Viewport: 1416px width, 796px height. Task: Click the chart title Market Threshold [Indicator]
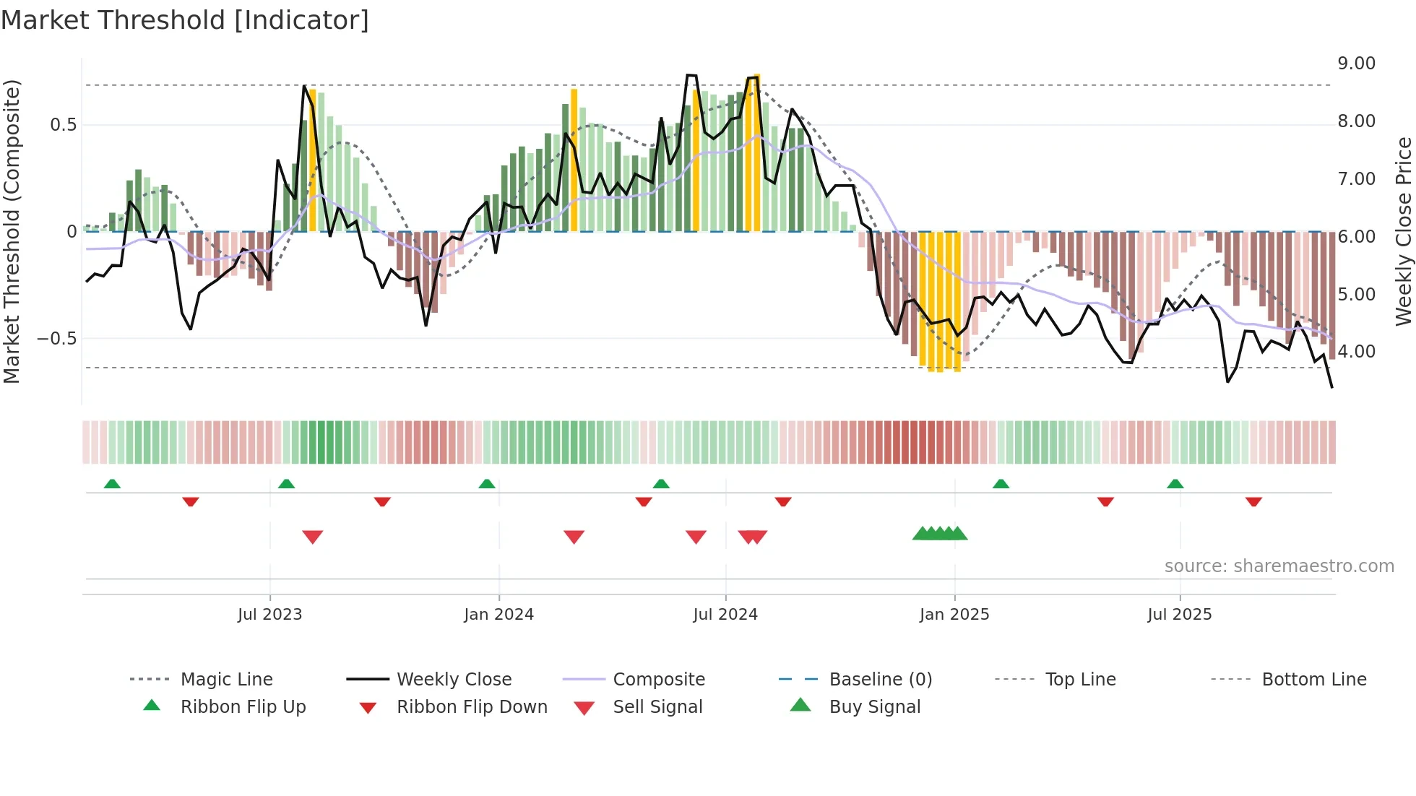[185, 20]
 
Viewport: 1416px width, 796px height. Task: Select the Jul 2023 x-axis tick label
[269, 615]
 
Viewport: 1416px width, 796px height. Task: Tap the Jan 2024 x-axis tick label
[498, 615]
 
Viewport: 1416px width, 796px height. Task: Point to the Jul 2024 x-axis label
[725, 615]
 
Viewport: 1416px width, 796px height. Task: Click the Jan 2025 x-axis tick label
[954, 615]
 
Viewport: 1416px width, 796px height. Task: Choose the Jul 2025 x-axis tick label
[1179, 615]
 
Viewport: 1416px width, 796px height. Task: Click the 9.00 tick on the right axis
[1356, 64]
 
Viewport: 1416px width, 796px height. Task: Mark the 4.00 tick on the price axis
[1356, 352]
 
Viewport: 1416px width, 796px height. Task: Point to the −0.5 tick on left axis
[56, 339]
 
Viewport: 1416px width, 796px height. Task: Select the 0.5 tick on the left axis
[63, 125]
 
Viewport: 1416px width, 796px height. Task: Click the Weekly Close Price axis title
[1403, 231]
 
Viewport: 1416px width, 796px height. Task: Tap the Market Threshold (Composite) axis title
[12, 231]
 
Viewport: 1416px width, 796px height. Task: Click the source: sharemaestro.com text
[1279, 566]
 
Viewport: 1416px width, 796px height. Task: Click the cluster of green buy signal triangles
[939, 534]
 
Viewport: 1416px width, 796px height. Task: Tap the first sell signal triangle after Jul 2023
[312, 537]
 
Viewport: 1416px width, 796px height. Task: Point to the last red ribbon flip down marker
[1253, 501]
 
